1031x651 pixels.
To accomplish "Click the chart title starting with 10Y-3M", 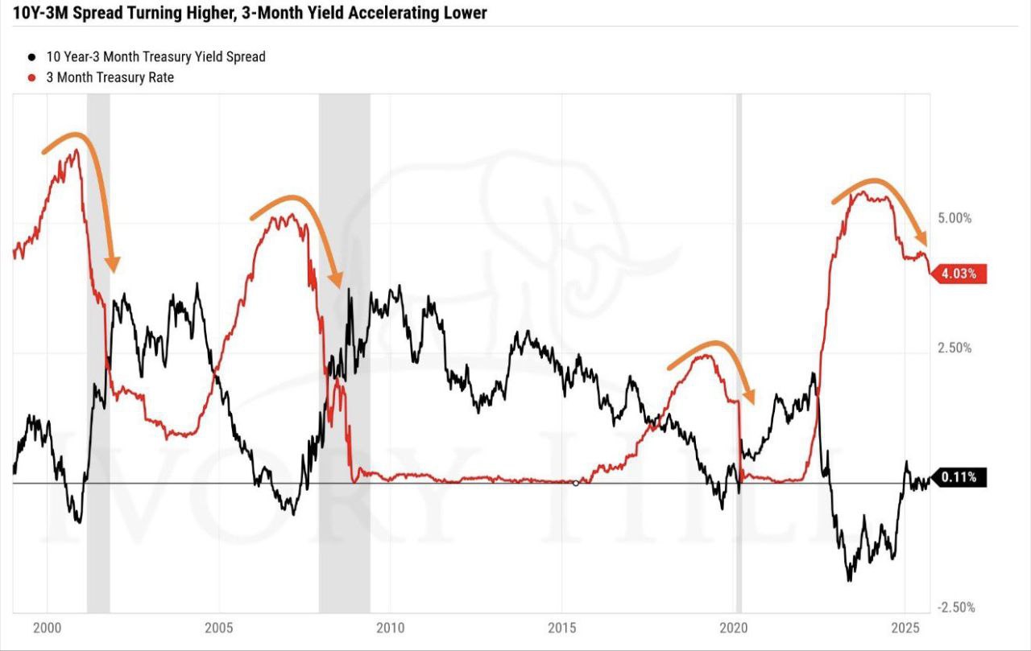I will click(x=250, y=14).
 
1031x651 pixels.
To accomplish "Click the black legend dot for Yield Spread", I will click(x=31, y=57).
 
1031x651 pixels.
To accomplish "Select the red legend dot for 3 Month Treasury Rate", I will click(x=31, y=78).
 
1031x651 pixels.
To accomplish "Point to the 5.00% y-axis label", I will click(x=954, y=218).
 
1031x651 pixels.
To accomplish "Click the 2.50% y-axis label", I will click(x=954, y=348).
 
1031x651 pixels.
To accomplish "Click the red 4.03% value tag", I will click(x=959, y=274).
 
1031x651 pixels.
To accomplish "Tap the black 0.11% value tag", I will click(x=959, y=477).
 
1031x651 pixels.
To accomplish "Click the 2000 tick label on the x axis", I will click(x=48, y=627).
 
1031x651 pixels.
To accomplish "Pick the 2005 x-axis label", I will click(x=219, y=627).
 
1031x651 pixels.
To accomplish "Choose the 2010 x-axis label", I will click(x=391, y=627).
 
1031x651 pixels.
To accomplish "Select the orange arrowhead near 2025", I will click(x=922, y=239).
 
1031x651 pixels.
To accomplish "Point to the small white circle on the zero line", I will click(x=575, y=483).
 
